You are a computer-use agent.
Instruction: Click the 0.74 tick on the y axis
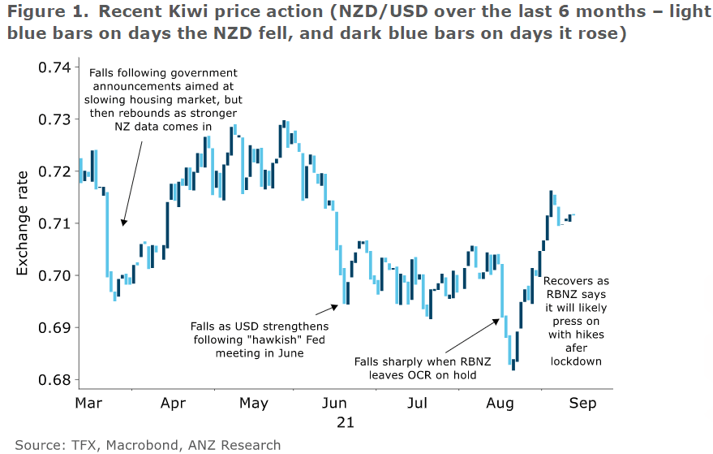tap(54, 67)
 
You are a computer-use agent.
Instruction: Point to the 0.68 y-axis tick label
tap(54, 380)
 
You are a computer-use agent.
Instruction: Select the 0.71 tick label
tap(54, 223)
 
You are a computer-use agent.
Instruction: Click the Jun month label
tap(334, 403)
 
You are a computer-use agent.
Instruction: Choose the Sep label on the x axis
tap(582, 403)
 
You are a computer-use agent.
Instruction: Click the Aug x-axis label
tap(500, 403)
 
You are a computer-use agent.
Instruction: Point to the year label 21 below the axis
tap(345, 422)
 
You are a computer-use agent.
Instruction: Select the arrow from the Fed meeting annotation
tap(326, 309)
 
